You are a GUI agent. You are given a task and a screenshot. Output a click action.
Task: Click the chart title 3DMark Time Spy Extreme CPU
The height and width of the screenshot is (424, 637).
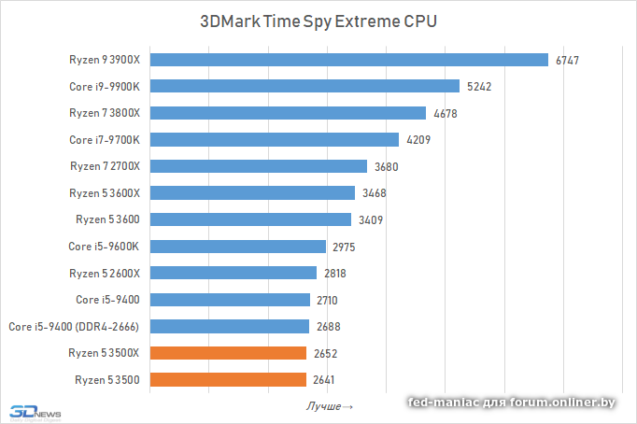pos(318,21)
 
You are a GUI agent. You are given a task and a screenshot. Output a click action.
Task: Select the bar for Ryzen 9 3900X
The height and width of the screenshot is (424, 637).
pos(348,60)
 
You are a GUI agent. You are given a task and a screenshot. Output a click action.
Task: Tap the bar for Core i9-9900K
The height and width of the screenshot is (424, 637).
pos(304,87)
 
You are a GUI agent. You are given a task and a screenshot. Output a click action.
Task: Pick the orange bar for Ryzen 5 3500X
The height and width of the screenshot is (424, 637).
pos(228,353)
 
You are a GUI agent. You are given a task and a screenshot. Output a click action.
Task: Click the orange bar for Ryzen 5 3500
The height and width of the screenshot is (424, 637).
pos(228,380)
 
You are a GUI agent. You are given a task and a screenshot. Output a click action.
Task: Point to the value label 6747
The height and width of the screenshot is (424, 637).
pos(568,61)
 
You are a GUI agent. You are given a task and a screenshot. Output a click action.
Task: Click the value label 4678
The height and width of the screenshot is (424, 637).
pos(445,114)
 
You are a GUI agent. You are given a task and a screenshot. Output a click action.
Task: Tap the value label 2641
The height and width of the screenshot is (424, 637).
pos(324,380)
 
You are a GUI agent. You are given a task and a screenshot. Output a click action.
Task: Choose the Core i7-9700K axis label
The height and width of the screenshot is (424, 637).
pos(104,140)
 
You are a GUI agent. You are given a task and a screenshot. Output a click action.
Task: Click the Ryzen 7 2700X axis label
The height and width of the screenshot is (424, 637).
pos(104,166)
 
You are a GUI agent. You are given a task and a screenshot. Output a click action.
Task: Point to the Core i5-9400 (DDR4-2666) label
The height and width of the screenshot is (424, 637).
pos(74,327)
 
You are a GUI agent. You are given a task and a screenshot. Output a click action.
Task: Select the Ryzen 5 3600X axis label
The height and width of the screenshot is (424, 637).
pos(104,193)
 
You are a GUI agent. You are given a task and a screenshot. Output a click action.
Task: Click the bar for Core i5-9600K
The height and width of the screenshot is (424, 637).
pos(238,247)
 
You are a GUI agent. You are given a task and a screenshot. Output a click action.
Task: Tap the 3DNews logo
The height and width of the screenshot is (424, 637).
pos(33,411)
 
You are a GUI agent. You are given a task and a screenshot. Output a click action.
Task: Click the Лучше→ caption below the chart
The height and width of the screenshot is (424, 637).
pos(330,407)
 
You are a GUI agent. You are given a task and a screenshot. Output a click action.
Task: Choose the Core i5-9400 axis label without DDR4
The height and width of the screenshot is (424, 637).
pos(107,300)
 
